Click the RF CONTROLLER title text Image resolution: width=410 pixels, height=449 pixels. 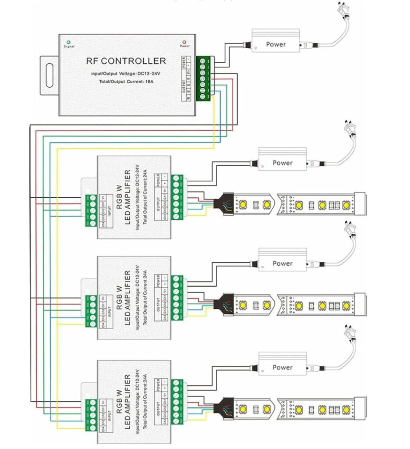click(x=126, y=61)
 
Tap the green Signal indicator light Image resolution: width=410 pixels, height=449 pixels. click(x=69, y=42)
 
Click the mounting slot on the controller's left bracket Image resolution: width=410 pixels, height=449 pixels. click(x=50, y=75)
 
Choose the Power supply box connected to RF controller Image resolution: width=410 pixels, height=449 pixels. click(x=276, y=44)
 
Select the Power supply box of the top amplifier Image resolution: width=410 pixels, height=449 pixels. click(x=282, y=162)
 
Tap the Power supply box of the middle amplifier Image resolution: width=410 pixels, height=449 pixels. click(x=282, y=263)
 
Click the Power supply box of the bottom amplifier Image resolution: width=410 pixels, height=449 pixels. click(x=282, y=367)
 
